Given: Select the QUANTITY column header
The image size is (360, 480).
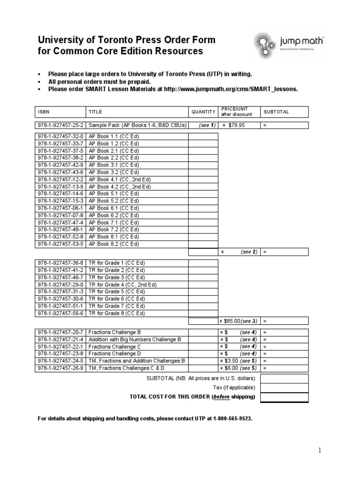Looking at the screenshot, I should click(x=203, y=112).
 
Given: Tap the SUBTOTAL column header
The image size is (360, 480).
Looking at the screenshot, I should click(x=276, y=112).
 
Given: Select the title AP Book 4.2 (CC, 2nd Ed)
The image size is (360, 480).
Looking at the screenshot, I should click(x=120, y=186).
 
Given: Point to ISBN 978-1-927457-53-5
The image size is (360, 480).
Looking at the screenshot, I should click(x=60, y=244).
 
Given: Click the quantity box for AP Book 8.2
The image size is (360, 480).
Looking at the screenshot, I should click(x=203, y=244).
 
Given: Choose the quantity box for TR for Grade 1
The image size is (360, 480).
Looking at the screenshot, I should click(x=203, y=263).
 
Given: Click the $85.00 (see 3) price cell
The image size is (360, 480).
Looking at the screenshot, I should click(x=238, y=321).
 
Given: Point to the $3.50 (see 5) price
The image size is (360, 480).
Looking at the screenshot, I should click(x=238, y=361).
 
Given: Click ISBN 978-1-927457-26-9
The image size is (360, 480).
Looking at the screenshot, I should click(x=60, y=368).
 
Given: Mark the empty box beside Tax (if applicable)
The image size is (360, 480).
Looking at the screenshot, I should click(x=284, y=388).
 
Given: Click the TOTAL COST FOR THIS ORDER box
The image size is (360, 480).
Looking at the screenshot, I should click(x=284, y=397).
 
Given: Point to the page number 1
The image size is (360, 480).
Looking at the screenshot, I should click(x=320, y=450).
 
